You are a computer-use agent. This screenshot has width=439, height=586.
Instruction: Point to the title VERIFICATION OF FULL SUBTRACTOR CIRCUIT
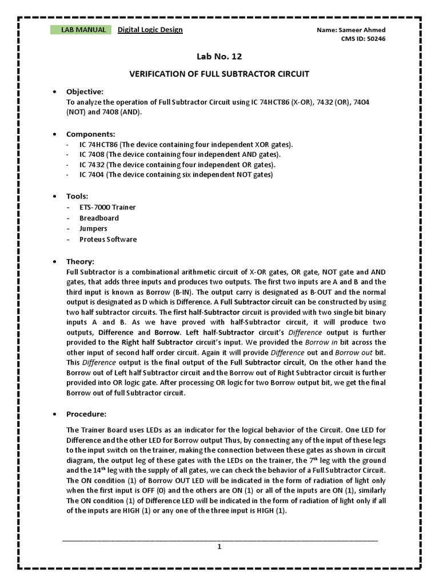coord(219,74)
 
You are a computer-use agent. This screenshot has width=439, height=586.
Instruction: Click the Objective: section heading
coord(85,92)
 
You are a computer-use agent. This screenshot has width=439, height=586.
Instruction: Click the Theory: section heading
coord(81,261)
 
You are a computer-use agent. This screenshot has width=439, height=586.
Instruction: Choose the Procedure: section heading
coord(86,414)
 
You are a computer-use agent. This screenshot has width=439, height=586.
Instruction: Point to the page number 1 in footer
coord(219,547)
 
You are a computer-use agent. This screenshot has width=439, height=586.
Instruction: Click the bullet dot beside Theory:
coord(54,262)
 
